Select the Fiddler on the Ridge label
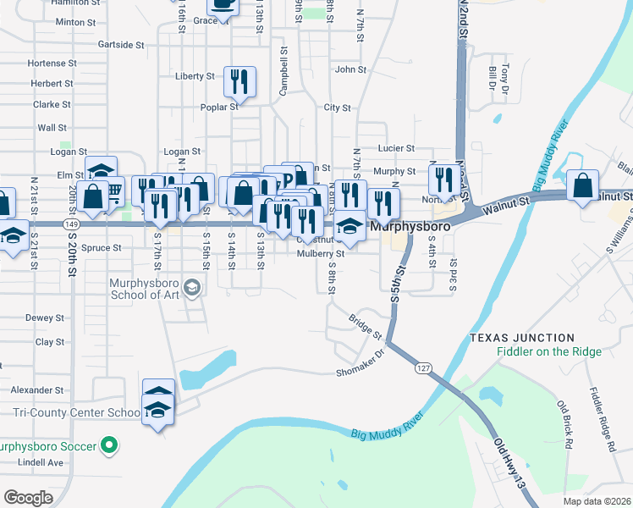(549, 352)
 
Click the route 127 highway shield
(423, 368)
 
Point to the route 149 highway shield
(71, 224)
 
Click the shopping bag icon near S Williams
(583, 186)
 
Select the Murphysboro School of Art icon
(192, 289)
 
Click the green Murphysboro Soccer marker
(108, 444)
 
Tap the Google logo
(29, 497)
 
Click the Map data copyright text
(597, 500)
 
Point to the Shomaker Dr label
(360, 372)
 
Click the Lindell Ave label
(43, 462)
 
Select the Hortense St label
(52, 63)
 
